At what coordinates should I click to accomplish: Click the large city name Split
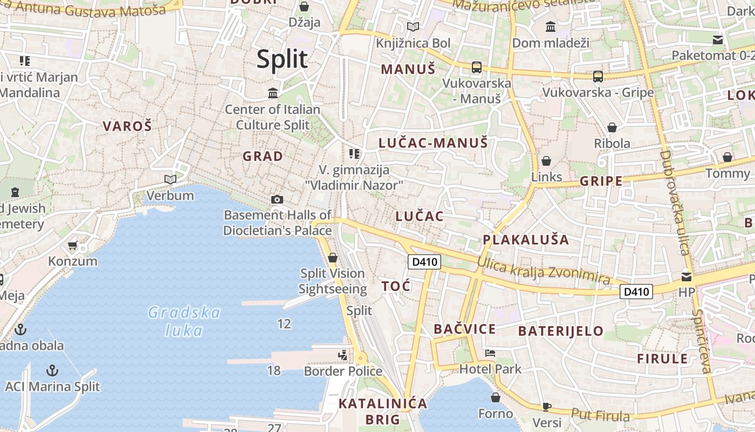point(282,59)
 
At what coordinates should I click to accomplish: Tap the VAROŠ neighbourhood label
point(127,126)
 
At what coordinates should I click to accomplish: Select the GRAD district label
point(263,156)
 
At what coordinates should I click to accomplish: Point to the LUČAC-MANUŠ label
point(433,143)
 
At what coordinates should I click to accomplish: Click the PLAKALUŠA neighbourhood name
point(526,240)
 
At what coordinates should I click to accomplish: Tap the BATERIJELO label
point(561,331)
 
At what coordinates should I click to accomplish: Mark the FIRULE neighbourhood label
point(662,359)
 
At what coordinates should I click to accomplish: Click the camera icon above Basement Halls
point(277,200)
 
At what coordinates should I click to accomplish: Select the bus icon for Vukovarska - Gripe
point(598,77)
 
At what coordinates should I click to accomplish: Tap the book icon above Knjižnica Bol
point(413,26)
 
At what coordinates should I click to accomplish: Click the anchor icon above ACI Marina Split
point(52,370)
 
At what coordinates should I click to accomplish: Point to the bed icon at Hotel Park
point(490,353)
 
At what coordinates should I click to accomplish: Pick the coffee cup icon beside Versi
point(547,407)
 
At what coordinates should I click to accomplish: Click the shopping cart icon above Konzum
point(73,246)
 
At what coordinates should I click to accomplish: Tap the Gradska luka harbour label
point(184,321)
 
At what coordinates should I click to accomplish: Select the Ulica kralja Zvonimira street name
point(544,272)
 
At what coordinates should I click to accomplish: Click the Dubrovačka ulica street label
point(675,202)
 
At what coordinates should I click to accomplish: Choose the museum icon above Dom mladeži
point(551,26)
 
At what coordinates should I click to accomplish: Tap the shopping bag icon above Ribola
point(612,127)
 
